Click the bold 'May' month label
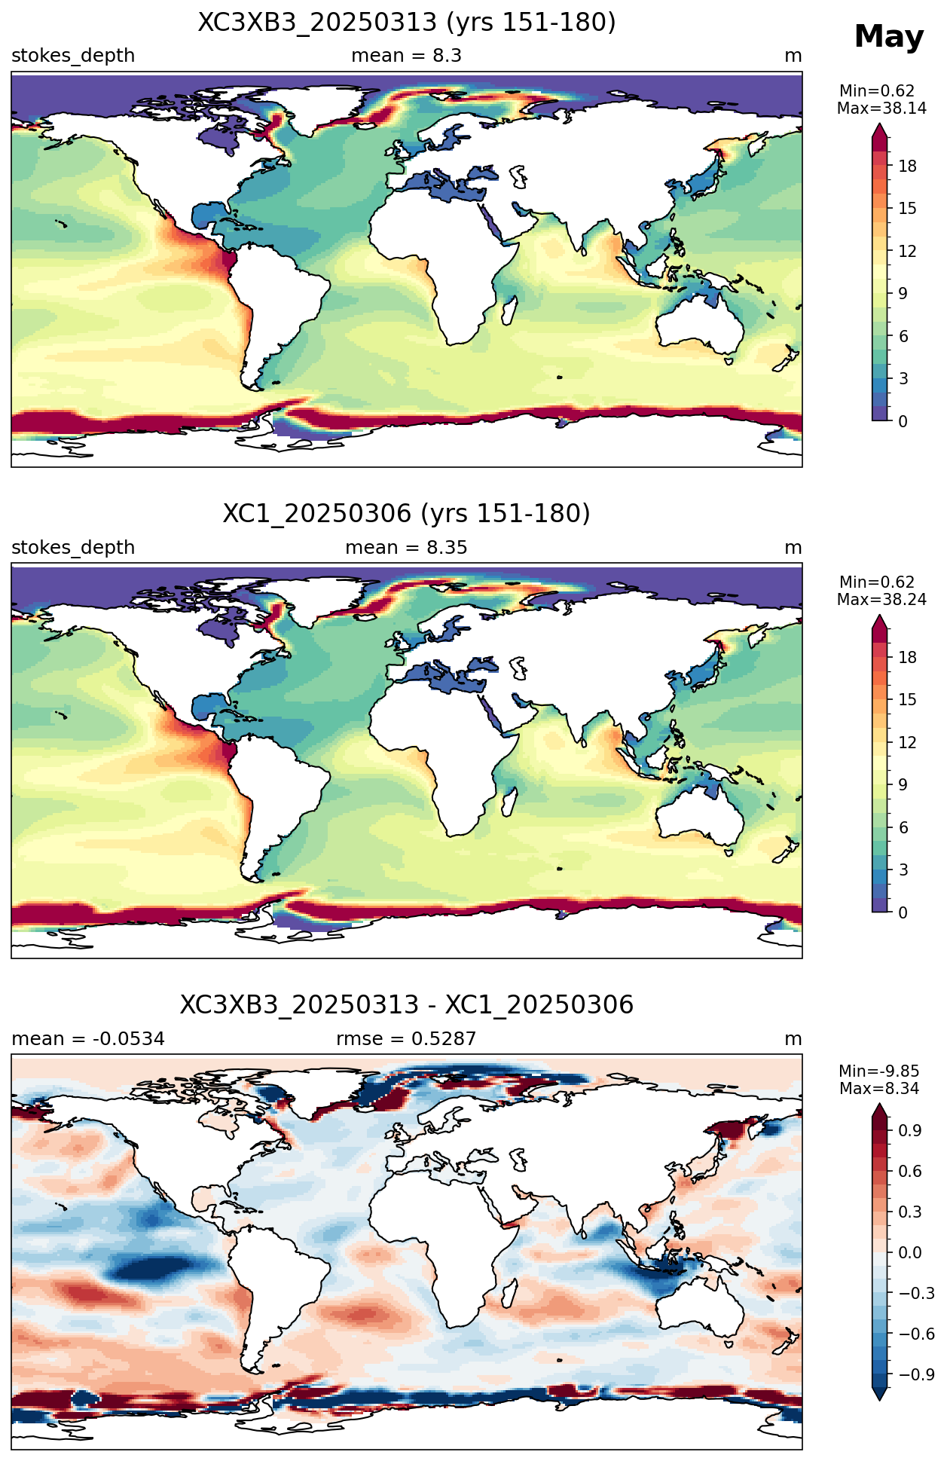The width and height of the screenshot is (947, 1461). pos(889,37)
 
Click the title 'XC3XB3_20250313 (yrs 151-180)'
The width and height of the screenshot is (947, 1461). pos(407,23)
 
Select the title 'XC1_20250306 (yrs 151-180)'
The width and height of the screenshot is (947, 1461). pos(407,514)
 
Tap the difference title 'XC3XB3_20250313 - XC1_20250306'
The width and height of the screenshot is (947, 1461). pos(407,1005)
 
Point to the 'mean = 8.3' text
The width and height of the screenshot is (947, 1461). pos(407,56)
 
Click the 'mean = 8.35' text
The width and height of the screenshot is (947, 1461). pos(407,548)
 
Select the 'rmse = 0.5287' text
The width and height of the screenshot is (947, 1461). pos(407,1039)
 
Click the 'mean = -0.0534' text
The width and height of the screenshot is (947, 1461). pos(88,1039)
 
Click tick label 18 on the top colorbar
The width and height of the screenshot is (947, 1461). pos(908,166)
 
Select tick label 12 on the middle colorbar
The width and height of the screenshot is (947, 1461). pos(908,743)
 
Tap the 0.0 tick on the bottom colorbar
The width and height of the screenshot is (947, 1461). pos(910,1253)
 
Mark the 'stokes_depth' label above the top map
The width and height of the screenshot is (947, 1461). pos(73,56)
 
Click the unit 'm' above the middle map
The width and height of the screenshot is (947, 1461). pos(793,548)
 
